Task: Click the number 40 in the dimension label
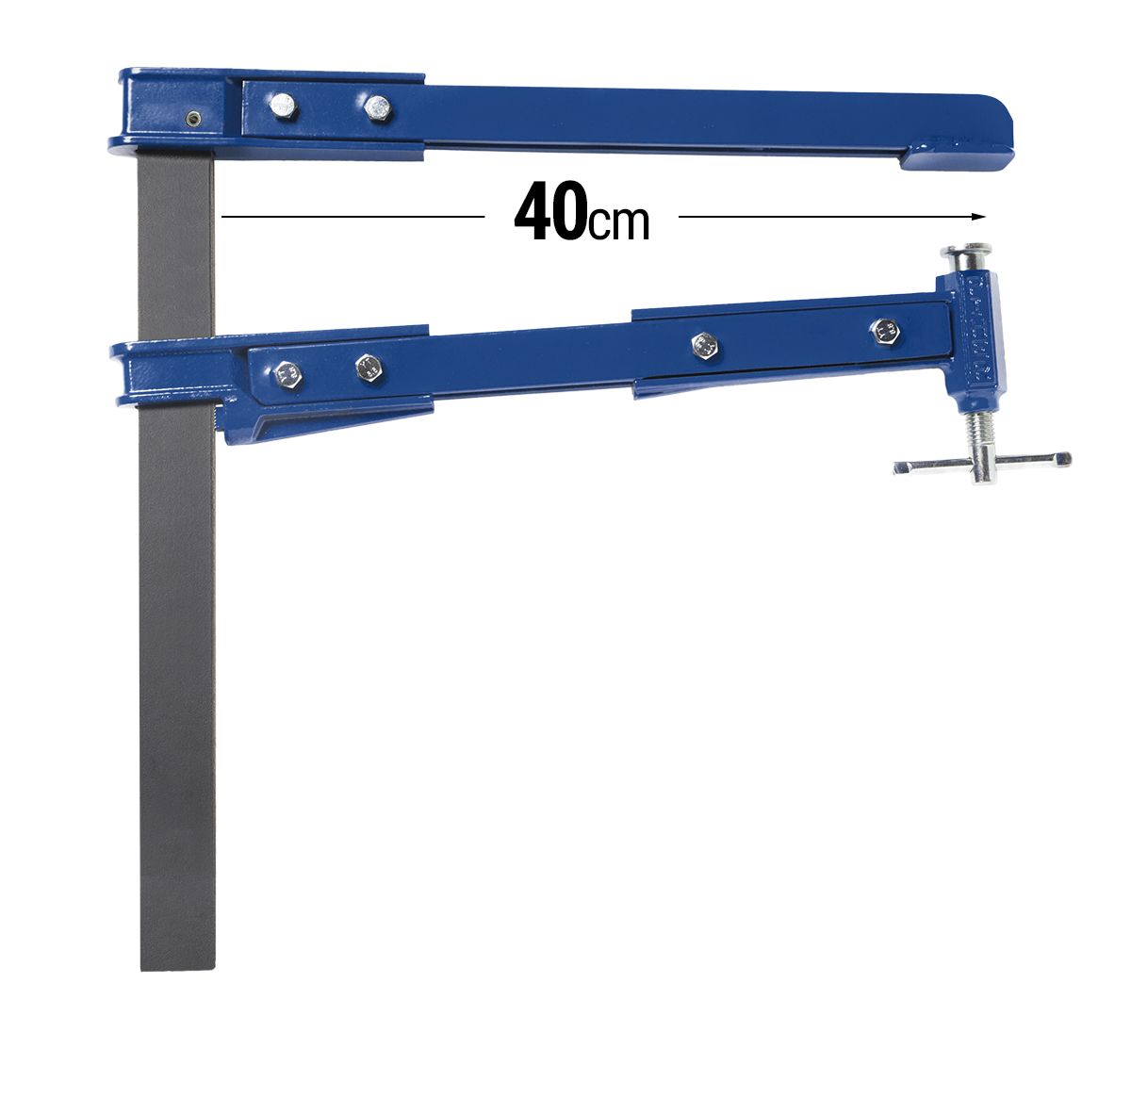(x=549, y=215)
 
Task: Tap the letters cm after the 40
(x=618, y=222)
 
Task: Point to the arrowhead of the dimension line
(x=980, y=217)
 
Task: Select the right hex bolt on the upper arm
(x=376, y=107)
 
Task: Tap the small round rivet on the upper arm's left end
(x=192, y=119)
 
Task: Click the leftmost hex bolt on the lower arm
(x=287, y=374)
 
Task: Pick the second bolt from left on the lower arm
(x=369, y=366)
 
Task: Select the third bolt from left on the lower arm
(x=703, y=345)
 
